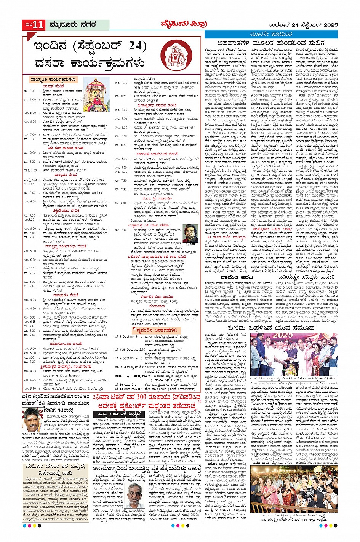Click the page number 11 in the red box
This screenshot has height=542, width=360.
click(38, 25)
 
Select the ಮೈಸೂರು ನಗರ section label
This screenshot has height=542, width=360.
click(72, 25)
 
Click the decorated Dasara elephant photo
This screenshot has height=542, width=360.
click(96, 94)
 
